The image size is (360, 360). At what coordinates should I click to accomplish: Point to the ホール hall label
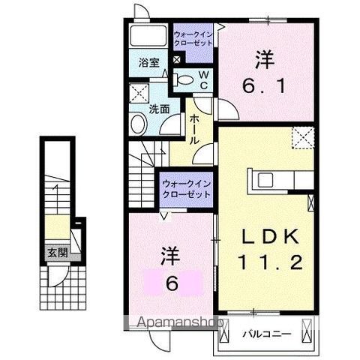[193, 129]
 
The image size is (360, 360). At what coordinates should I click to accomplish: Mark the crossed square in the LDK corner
[302, 137]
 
